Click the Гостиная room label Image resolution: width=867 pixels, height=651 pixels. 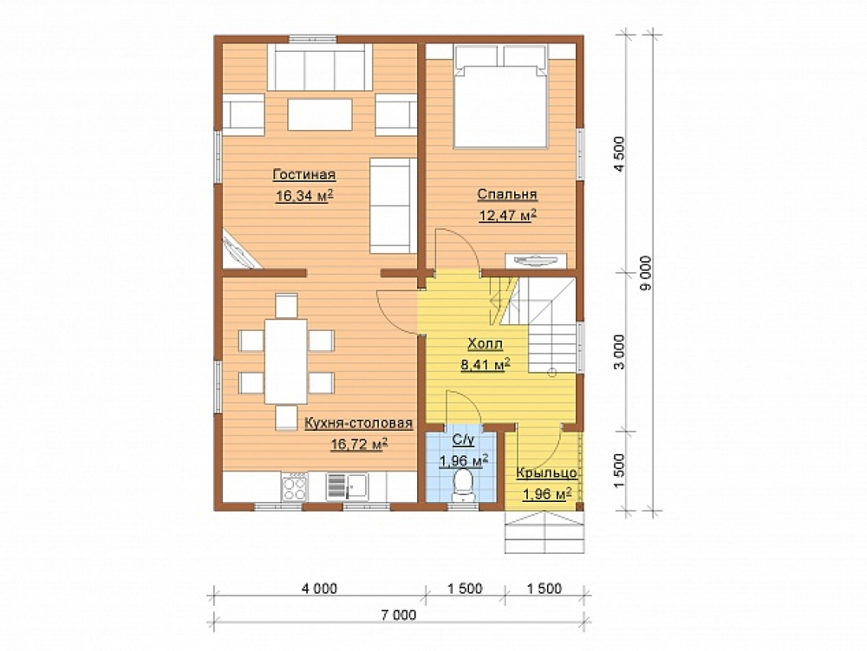(x=304, y=174)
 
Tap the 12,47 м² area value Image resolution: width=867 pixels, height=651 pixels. (x=508, y=215)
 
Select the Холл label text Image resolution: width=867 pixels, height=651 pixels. (x=485, y=344)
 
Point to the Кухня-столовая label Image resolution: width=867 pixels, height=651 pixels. (x=358, y=423)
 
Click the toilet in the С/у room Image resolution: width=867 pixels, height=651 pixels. (x=463, y=486)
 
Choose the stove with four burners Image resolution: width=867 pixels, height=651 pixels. (x=295, y=487)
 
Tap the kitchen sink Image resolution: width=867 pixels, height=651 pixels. (x=347, y=486)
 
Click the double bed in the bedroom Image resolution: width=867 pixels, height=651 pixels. (x=500, y=97)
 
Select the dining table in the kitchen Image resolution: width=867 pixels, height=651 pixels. (x=286, y=361)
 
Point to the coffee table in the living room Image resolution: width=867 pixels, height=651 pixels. (x=320, y=114)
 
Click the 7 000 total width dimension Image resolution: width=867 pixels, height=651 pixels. (x=399, y=615)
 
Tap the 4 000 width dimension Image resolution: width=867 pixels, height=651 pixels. (x=320, y=589)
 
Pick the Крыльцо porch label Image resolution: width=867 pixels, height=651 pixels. (x=547, y=473)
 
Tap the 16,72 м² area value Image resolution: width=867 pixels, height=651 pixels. (x=359, y=444)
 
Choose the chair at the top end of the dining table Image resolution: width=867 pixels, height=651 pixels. (x=286, y=306)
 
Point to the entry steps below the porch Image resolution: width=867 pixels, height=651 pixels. (x=544, y=531)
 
